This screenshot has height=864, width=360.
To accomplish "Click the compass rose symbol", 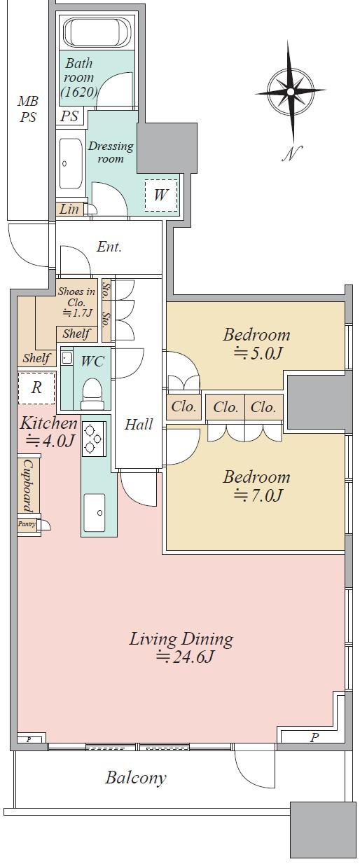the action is [290, 91].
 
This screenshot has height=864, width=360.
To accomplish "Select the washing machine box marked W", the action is [160, 196].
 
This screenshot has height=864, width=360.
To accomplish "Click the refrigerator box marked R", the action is [36, 388].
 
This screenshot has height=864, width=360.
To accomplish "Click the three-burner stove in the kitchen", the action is [94, 439].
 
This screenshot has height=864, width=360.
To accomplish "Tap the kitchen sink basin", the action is [94, 512].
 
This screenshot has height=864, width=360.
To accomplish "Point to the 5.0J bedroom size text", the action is [257, 352].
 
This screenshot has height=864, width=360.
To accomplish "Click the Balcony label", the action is [136, 777].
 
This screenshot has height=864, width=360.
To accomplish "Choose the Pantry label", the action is [27, 524].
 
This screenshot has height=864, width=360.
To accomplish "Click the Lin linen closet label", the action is [70, 210].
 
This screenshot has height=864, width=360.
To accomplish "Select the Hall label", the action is [139, 424].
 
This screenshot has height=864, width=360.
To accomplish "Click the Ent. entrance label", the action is [109, 247].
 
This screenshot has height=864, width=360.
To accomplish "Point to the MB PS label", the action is [28, 109].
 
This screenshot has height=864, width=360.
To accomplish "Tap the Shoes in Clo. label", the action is [76, 302].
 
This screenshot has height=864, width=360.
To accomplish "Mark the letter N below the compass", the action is [291, 153].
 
